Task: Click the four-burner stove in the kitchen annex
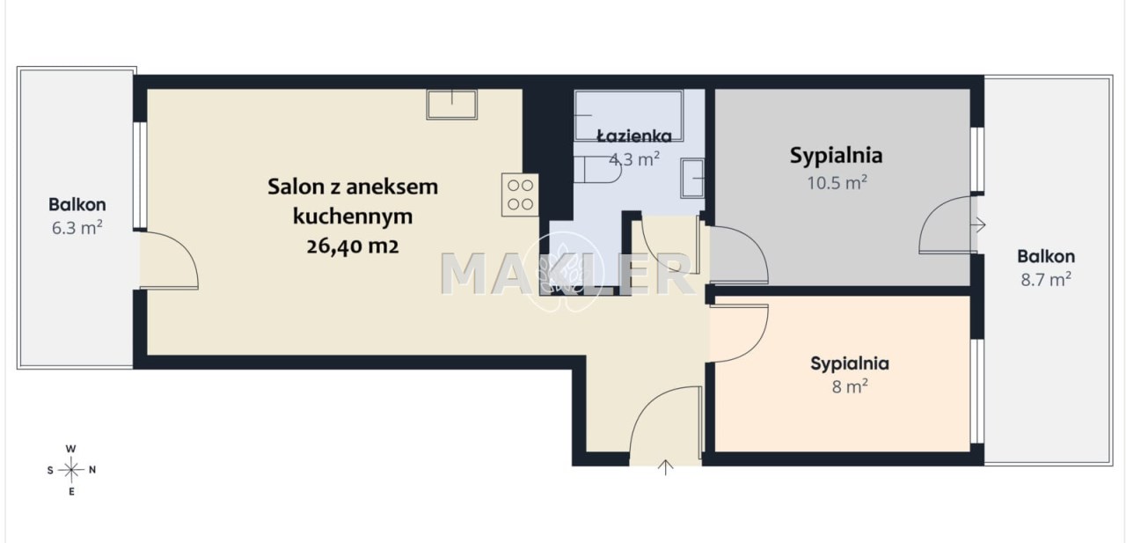coord(520,195)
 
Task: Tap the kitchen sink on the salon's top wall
coord(452,105)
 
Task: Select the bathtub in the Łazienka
coord(629,115)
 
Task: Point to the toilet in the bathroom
coord(597,170)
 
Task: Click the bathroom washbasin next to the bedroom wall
coord(692,178)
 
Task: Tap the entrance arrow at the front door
coord(666,467)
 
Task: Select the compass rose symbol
coord(71,470)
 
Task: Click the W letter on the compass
coord(71,449)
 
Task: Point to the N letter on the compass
coord(92,470)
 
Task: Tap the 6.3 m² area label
coord(77,228)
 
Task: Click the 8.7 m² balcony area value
coord(1046,279)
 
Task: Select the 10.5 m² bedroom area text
coord(837,182)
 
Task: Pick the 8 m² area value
coord(850,386)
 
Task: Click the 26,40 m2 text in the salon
coord(353,246)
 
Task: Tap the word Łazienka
coord(634,136)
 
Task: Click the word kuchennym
coord(353,216)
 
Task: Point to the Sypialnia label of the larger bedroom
coord(836,156)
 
